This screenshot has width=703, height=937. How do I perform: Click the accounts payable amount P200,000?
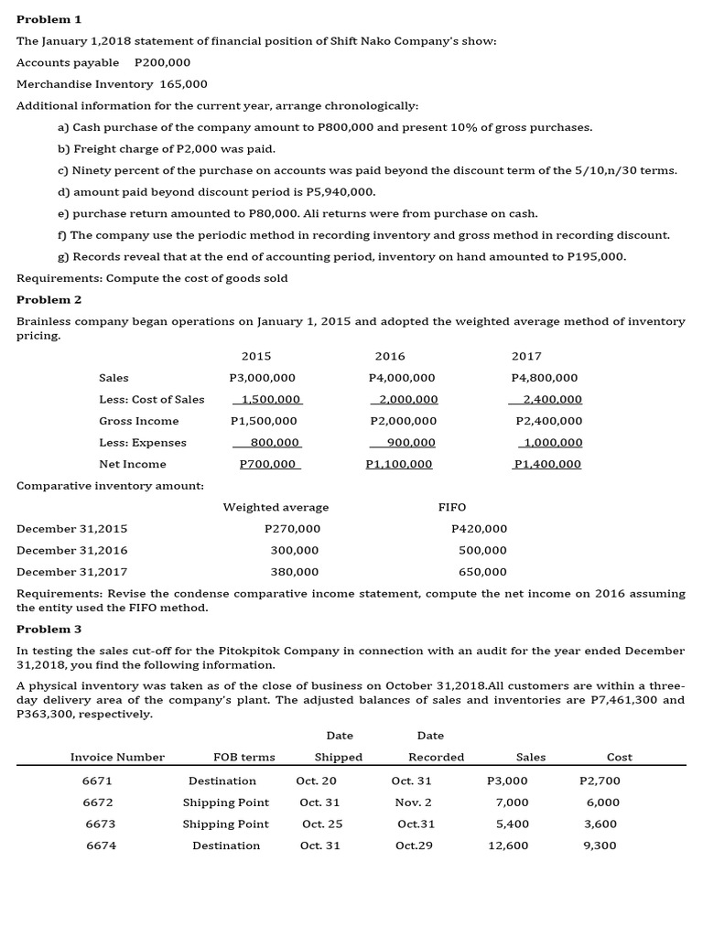pos(162,62)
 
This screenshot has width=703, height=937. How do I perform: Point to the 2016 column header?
pos(390,356)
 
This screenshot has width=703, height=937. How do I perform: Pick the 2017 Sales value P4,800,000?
pos(546,378)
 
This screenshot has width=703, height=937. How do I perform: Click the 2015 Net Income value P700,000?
pos(267,464)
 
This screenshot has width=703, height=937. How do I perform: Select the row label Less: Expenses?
pos(143,443)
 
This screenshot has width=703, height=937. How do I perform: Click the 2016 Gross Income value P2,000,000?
pos(403,421)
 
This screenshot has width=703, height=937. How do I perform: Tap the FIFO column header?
pos(452,507)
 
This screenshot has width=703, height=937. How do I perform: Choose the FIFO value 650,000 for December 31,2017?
pos(482,572)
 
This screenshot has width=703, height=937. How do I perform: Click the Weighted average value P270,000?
pos(292,529)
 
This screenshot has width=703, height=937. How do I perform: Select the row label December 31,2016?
pos(72,551)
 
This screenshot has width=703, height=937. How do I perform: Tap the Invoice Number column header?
pos(117,758)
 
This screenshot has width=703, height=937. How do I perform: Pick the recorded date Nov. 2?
pos(412,802)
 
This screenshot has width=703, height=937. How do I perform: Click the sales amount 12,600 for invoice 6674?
pos(510,845)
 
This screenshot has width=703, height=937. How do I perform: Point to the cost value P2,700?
pos(600,781)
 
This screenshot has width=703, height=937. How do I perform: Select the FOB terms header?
pos(243,758)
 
